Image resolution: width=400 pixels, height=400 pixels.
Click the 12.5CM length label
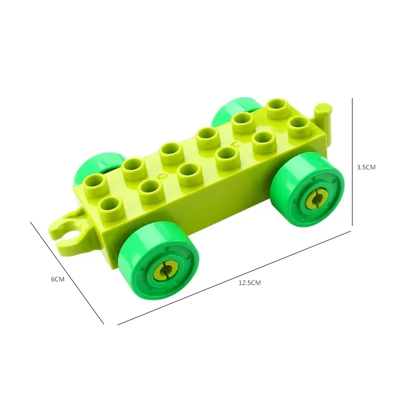[249, 282]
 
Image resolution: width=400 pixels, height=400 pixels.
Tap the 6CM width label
[58, 279]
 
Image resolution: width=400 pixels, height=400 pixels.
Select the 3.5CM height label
[365, 167]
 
